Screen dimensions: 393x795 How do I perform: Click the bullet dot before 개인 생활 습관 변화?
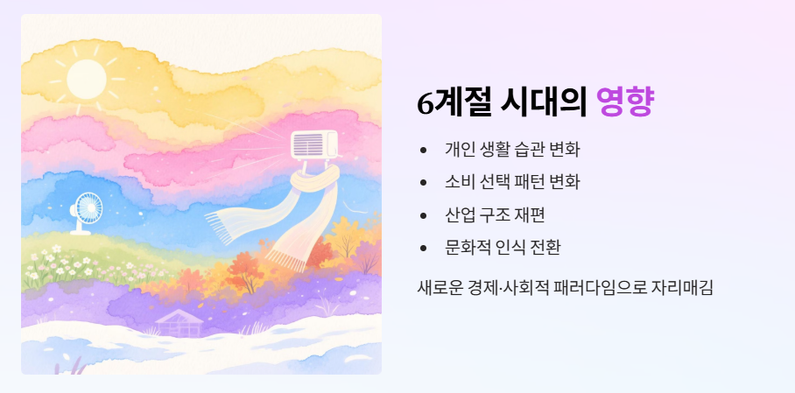point(425,150)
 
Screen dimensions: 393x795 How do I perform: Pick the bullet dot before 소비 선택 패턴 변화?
point(425,182)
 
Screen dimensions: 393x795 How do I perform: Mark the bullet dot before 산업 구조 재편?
point(425,214)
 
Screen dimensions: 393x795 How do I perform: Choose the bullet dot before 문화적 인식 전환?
point(425,248)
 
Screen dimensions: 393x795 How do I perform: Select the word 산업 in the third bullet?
point(458,214)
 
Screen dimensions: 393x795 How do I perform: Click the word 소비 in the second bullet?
point(458,182)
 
